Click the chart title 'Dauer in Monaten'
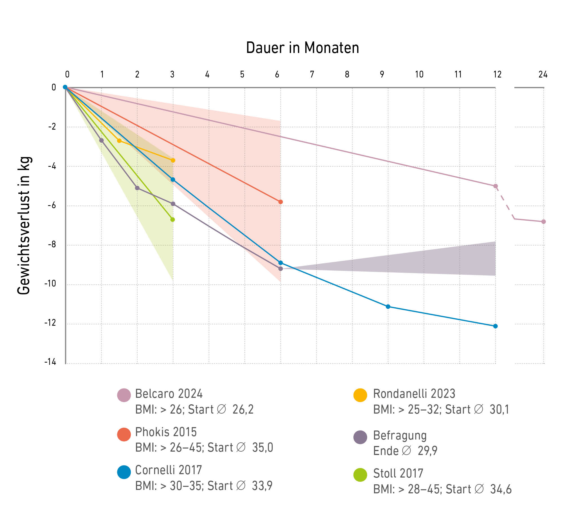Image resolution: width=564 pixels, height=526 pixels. click(302, 48)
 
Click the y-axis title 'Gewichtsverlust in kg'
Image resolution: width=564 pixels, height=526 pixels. click(24, 226)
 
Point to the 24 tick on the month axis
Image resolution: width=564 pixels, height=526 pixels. click(543, 75)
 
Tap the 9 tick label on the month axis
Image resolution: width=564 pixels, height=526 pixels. click(382, 75)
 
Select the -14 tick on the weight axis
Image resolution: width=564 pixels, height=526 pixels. click(50, 362)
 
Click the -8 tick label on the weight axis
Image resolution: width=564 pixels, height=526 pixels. click(52, 244)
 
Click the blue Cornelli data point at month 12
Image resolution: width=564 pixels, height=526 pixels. click(495, 326)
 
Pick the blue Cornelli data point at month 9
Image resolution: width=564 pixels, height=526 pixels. click(388, 307)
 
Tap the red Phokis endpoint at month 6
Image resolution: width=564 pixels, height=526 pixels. click(281, 202)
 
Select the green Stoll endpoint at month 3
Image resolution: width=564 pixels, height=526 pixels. click(173, 220)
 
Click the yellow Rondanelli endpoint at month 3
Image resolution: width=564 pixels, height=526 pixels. click(173, 161)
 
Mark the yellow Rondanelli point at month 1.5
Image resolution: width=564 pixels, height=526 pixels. click(119, 141)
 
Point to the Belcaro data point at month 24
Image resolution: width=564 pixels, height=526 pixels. click(543, 222)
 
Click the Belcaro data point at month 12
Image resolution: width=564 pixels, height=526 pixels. click(495, 186)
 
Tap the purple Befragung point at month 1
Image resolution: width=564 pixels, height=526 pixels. click(101, 141)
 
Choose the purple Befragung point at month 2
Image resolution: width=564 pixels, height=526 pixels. click(137, 188)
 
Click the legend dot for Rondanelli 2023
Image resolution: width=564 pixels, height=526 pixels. click(360, 395)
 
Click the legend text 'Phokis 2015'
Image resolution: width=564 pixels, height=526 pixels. click(166, 432)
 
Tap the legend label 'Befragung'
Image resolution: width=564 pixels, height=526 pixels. click(400, 436)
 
